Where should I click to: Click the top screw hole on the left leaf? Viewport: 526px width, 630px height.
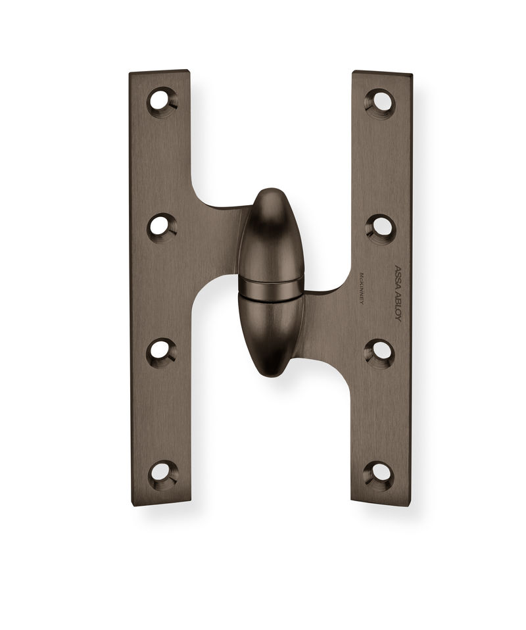tap(161, 101)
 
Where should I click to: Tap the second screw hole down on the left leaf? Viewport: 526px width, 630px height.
tap(161, 227)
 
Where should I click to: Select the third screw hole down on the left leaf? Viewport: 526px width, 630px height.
tap(161, 351)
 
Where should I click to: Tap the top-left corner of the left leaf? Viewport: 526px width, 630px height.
tap(131, 73)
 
